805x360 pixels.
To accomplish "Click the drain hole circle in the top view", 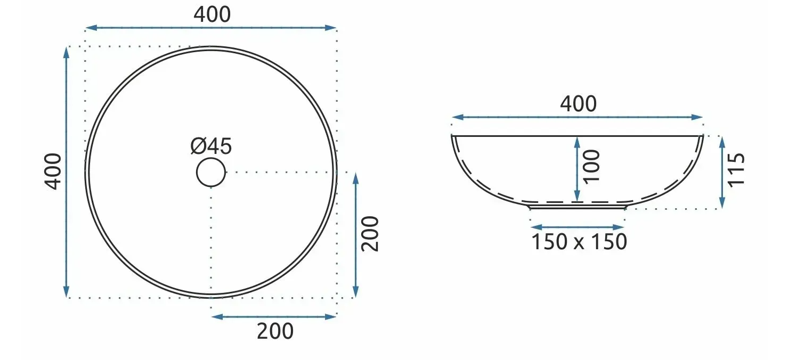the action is tap(211, 159).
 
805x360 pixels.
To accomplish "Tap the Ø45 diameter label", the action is tap(211, 146).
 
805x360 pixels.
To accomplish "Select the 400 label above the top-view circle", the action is tap(212, 15).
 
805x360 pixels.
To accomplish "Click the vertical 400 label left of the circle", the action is tap(53, 171).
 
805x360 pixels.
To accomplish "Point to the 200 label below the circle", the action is tap(275, 331).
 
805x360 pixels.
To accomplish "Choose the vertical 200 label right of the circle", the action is tap(370, 234).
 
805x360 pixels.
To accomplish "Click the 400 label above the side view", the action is tap(578, 104).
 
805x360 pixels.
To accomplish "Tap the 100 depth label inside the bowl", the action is tap(591, 167).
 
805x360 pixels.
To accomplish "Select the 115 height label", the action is tap(736, 170).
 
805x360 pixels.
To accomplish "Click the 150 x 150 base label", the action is tap(579, 242).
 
